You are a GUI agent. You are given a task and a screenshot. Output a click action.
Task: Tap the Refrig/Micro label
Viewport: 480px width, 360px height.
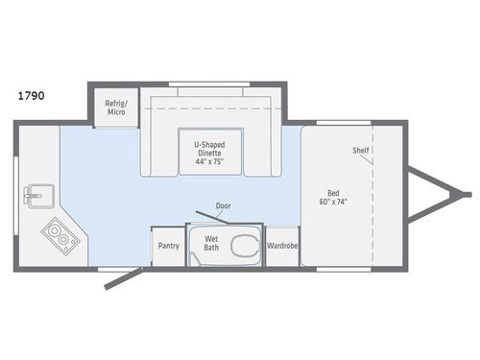click(115, 107)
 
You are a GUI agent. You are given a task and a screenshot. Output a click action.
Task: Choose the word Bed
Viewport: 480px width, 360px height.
click(331, 194)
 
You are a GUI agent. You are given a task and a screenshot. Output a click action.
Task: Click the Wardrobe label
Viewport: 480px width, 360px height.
click(282, 245)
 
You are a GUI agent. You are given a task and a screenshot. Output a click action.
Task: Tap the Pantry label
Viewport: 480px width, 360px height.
click(168, 246)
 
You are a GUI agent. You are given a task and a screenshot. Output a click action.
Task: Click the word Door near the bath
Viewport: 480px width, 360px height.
click(223, 205)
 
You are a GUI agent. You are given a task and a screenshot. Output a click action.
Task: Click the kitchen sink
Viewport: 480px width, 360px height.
click(37, 196)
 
